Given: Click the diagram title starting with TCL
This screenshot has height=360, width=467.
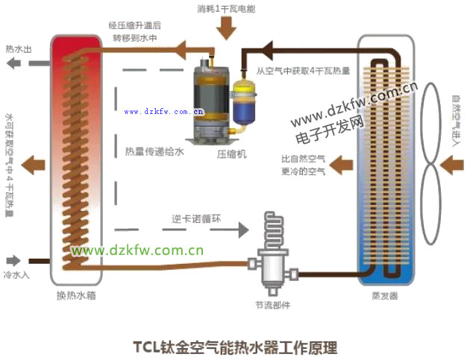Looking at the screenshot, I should pos(235,347).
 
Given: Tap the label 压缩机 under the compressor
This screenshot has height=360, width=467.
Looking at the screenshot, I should pos(231,154).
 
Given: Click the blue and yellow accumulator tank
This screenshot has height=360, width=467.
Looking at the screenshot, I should pos(243,101).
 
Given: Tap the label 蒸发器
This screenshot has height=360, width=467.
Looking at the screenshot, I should pos(385,296).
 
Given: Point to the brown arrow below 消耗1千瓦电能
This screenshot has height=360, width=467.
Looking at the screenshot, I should pos(227,28).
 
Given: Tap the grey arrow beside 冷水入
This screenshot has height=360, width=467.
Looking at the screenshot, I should pos(13,261).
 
